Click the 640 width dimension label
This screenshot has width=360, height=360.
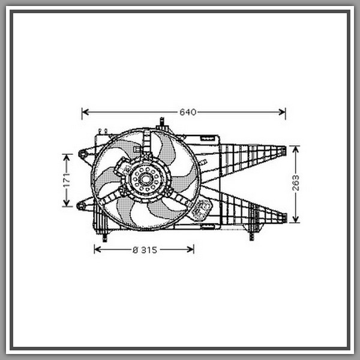(x=188, y=112)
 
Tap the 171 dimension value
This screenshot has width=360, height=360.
(x=67, y=181)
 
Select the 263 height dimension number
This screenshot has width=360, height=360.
(x=296, y=183)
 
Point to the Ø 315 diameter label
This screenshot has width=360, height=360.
(x=145, y=250)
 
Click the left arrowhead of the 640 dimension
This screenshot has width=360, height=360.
(x=85, y=112)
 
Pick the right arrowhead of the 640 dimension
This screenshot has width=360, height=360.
(x=282, y=112)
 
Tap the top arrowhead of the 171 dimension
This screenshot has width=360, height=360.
(x=67, y=157)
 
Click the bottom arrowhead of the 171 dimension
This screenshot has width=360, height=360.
(x=67, y=203)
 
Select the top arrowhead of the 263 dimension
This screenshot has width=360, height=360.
(x=296, y=149)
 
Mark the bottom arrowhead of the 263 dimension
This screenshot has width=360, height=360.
(x=296, y=219)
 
